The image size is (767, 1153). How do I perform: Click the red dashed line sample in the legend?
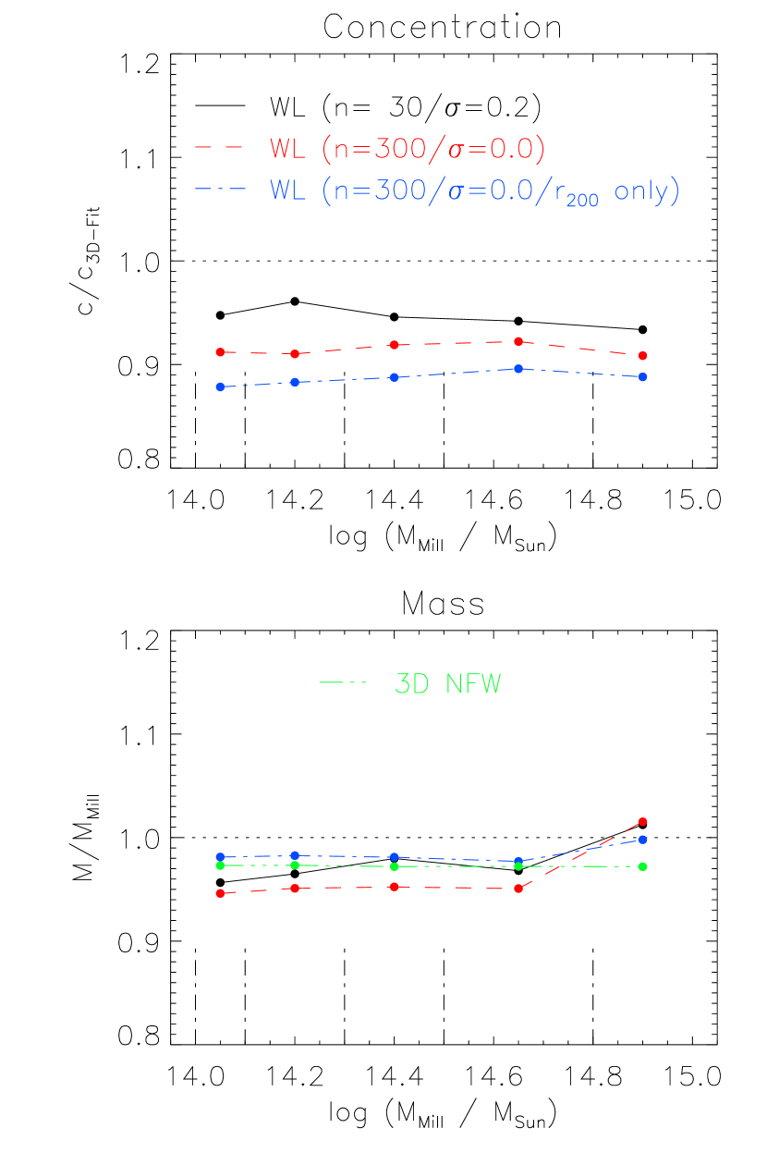[x=219, y=147]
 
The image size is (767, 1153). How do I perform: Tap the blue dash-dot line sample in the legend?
[x=220, y=190]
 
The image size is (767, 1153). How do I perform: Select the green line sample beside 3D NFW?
[x=343, y=683]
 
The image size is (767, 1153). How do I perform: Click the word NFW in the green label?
[x=473, y=684]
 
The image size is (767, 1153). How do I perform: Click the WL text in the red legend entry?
[x=288, y=148]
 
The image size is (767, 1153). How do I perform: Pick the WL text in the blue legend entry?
[x=288, y=190]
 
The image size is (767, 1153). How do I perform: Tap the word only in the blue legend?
[x=637, y=190]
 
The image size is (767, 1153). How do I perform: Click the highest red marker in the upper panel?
[x=518, y=341]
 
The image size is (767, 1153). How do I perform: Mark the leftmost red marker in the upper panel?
[x=220, y=352]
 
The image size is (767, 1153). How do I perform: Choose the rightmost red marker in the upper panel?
[x=642, y=356]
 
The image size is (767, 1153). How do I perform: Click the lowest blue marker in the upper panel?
[x=220, y=386]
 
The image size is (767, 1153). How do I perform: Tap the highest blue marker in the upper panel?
[x=518, y=369]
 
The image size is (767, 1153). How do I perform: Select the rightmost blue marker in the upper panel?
[x=642, y=377]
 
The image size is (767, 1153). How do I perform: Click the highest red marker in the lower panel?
[x=642, y=821]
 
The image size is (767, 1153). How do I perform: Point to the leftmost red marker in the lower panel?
[x=220, y=893]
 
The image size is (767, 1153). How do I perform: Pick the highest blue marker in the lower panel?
[x=642, y=840]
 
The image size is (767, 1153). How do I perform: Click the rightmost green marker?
[x=642, y=866]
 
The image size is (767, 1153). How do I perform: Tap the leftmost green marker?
[x=220, y=865]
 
